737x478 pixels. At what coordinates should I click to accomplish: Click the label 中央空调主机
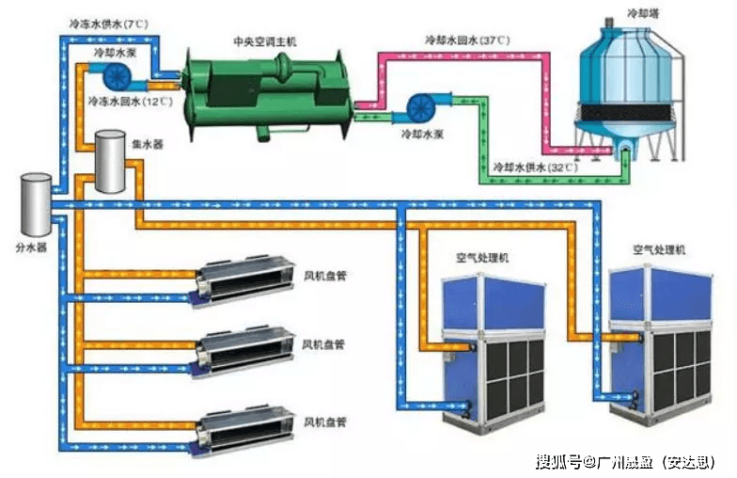pyautogui.click(x=265, y=41)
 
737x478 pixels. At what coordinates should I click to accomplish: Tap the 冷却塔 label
pyautogui.click(x=643, y=13)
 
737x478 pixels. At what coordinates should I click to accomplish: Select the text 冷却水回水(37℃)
pyautogui.click(x=467, y=40)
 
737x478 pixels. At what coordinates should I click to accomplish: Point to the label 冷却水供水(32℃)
pyautogui.click(x=536, y=167)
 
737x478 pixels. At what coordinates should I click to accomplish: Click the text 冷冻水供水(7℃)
pyautogui.click(x=109, y=24)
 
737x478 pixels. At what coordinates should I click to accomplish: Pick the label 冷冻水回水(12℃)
pyautogui.click(x=130, y=102)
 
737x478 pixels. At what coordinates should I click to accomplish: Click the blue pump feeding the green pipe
pyautogui.click(x=421, y=107)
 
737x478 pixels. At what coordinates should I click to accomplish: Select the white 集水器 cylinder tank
pyautogui.click(x=111, y=162)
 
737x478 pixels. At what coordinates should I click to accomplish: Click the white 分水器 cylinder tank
pyautogui.click(x=36, y=205)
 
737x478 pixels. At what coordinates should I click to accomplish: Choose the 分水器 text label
pyautogui.click(x=31, y=247)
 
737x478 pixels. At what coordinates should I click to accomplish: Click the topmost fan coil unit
pyautogui.click(x=244, y=280)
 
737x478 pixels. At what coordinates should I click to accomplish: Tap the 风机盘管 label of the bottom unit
pyautogui.click(x=324, y=422)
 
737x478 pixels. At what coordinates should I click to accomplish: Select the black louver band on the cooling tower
pyautogui.click(x=624, y=112)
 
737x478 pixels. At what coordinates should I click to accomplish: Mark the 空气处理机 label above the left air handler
pyautogui.click(x=481, y=258)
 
